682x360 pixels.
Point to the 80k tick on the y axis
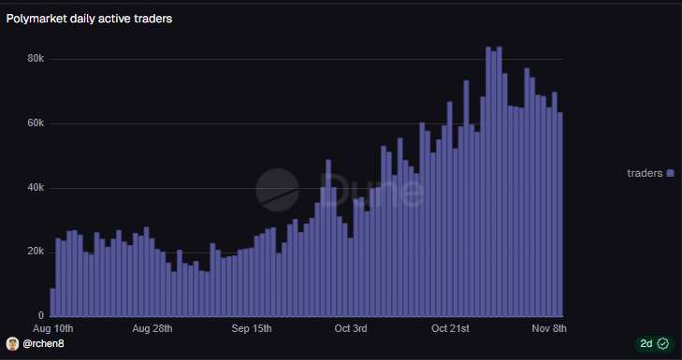tap(36, 59)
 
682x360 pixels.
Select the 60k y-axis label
tap(36, 123)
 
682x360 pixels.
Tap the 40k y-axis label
tap(36, 188)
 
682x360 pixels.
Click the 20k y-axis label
tap(36, 252)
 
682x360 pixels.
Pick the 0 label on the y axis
tap(40, 315)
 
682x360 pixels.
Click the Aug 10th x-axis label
tap(52, 328)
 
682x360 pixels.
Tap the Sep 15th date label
tap(251, 328)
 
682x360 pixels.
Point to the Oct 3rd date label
tap(351, 328)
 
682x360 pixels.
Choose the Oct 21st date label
tap(450, 328)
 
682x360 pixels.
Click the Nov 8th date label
tap(548, 328)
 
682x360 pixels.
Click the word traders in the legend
tap(645, 173)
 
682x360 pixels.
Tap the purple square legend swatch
tap(670, 173)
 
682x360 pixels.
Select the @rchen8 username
tap(43, 344)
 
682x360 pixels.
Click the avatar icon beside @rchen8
tap(12, 344)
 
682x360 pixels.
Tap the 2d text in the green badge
tap(646, 344)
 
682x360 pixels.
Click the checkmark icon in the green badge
tap(662, 344)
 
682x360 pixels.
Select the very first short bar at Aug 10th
tap(52, 302)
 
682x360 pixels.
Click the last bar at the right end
tap(560, 215)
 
